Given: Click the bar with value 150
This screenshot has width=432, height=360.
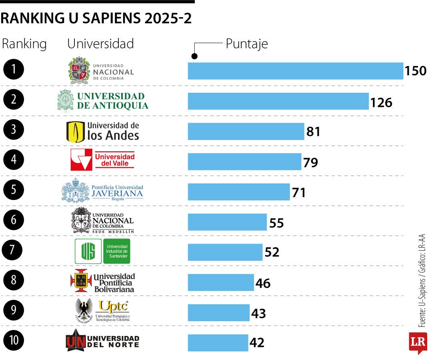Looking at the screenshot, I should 295,71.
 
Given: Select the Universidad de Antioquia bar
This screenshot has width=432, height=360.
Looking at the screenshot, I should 278,101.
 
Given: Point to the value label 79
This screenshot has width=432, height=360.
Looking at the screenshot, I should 310,162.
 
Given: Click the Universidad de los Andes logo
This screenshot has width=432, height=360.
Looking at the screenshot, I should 103,132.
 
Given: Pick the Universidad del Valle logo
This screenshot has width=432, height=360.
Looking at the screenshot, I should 103,160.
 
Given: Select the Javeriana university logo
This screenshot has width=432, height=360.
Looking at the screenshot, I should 102,191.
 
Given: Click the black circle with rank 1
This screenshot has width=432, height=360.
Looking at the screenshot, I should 14,70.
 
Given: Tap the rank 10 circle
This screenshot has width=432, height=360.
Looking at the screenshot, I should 14,340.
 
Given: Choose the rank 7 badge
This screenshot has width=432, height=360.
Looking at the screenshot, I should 14,250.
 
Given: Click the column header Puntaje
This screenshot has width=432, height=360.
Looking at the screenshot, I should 246,44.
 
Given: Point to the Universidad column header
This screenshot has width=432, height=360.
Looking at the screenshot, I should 100,44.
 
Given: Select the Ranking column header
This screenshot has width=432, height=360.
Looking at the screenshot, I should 24,44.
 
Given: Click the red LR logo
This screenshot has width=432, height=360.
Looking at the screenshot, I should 418,342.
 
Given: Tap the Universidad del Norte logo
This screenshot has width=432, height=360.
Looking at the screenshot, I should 102,341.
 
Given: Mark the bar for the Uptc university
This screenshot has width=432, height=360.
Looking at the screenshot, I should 218,312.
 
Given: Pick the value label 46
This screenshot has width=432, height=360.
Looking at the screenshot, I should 263,283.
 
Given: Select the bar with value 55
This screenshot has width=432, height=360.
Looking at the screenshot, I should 227,222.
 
